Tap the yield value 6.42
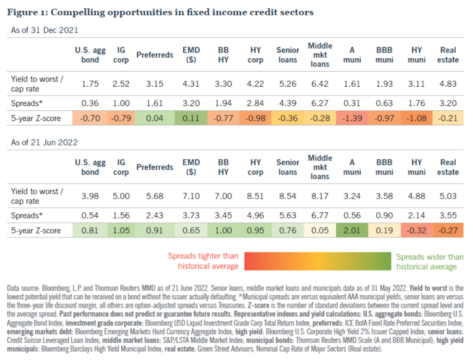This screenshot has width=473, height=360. tap(320, 84)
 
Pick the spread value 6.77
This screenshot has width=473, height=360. tap(320, 216)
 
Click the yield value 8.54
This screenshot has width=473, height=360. tap(287, 196)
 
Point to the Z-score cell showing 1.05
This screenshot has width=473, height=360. tap(121, 230)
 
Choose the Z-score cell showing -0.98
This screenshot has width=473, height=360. tap(256, 118)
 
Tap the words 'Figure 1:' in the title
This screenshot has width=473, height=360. tap(27, 12)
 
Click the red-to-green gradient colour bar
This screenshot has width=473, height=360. tap(317, 262)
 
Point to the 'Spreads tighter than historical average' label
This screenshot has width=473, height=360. tap(203, 262)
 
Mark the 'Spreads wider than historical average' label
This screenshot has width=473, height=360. tap(430, 262)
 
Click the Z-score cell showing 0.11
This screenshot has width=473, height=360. tap(191, 118)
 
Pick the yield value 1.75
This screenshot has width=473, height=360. tap(90, 84)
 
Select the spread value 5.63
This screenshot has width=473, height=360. tap(287, 216)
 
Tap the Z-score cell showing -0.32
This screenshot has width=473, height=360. tap(416, 230)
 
